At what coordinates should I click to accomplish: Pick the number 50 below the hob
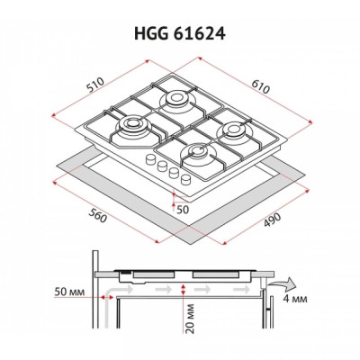(183, 208)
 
